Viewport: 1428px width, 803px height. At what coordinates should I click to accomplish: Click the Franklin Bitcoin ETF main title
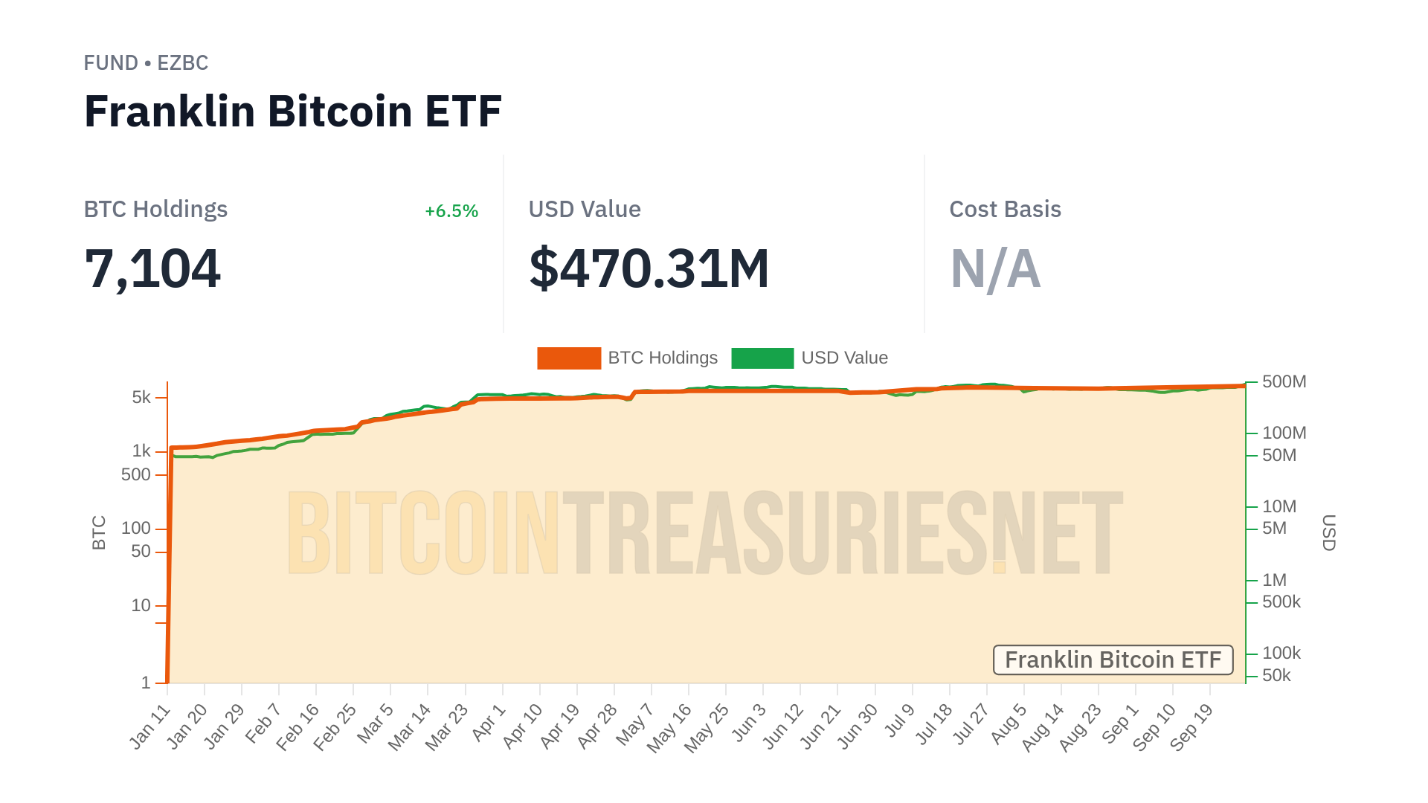tap(293, 112)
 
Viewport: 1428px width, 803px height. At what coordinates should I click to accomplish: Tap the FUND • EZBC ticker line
tap(146, 63)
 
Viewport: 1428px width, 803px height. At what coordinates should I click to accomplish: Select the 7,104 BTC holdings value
tap(152, 268)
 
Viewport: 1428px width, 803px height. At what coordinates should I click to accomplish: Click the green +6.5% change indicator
tap(451, 211)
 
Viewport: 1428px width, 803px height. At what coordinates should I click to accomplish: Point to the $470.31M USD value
tap(649, 268)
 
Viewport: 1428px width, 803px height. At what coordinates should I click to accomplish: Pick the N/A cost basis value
tap(995, 268)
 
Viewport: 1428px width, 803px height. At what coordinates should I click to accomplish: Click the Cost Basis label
tap(1005, 210)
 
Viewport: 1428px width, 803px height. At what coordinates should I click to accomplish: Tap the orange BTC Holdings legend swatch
tap(569, 358)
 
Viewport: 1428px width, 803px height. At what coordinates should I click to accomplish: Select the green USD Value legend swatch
tap(762, 358)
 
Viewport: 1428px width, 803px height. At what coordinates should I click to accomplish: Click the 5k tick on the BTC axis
tap(141, 397)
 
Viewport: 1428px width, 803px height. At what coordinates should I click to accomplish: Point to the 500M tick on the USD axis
tap(1284, 381)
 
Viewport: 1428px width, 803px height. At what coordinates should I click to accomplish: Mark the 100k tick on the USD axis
tap(1281, 653)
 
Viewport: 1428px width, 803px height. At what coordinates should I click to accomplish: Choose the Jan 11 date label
tap(151, 726)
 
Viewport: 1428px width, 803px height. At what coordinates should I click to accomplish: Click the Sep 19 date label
tap(1191, 726)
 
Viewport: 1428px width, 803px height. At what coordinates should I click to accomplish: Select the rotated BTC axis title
tap(99, 532)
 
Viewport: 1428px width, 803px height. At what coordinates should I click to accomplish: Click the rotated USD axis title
tap(1329, 532)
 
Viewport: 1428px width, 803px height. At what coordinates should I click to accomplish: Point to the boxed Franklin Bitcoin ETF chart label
tap(1113, 660)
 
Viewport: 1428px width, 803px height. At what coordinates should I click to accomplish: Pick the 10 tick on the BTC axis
tap(141, 605)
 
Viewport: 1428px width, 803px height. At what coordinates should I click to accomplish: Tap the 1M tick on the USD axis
tap(1274, 580)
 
